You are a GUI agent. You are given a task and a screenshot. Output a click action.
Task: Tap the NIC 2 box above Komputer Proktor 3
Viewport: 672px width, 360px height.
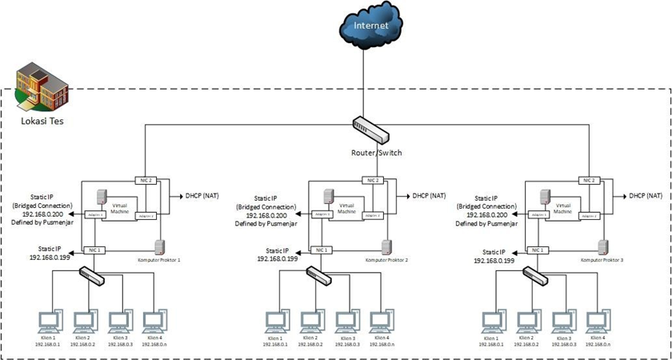[x=593, y=180]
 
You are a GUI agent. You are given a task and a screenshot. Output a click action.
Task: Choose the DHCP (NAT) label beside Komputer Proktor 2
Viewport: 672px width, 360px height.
[x=431, y=195]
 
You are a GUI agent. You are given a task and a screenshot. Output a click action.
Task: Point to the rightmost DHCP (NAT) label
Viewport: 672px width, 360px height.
[x=645, y=195]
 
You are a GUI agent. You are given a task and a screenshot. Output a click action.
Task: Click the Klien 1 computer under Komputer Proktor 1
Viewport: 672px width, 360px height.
[x=49, y=321]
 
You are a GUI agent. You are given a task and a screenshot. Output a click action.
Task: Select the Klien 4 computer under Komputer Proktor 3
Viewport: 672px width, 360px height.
[x=595, y=321]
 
